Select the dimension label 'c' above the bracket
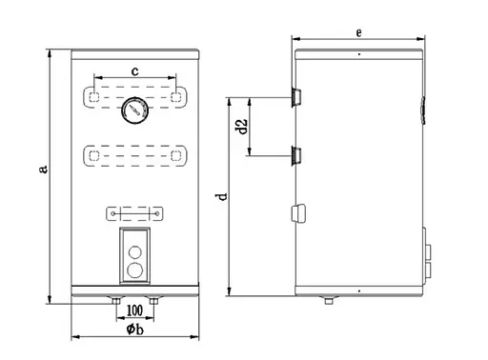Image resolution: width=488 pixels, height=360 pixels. point(135,70)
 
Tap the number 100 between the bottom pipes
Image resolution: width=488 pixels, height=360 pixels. point(134,310)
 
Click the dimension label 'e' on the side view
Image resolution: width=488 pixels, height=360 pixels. point(357,32)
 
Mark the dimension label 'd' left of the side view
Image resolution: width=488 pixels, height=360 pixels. point(221,197)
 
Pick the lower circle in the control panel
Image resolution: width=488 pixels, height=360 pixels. point(135,270)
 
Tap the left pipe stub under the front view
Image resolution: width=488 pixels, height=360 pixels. point(116,301)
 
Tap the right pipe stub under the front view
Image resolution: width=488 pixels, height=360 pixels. point(154,301)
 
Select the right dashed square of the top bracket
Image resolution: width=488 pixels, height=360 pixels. point(177,96)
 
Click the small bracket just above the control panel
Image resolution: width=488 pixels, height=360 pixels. point(135,212)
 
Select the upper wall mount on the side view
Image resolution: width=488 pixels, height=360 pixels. point(295,95)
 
